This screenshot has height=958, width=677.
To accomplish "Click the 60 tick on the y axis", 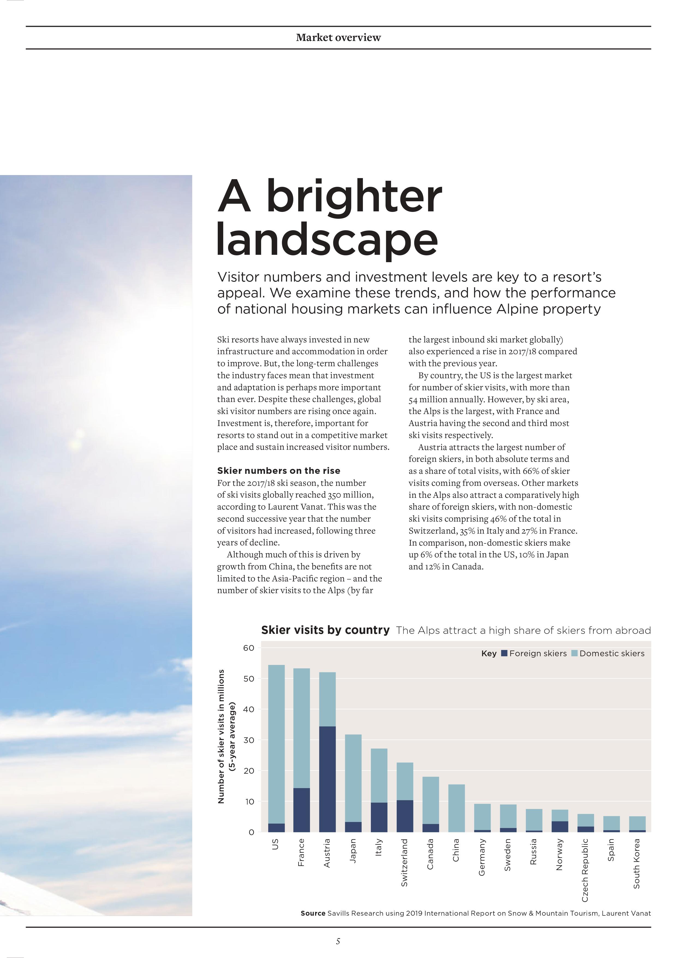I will click(x=249, y=648).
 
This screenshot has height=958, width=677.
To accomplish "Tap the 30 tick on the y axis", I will click(x=249, y=740).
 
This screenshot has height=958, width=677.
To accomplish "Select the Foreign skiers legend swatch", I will click(x=504, y=654).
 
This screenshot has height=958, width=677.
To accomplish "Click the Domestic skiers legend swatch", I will click(x=574, y=654).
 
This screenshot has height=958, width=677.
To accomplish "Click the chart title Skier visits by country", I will click(x=325, y=630).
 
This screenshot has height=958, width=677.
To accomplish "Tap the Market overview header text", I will click(x=338, y=38).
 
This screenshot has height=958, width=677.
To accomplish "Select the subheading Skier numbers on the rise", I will click(x=279, y=471).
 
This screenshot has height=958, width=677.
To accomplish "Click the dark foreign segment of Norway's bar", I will click(x=559, y=827).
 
